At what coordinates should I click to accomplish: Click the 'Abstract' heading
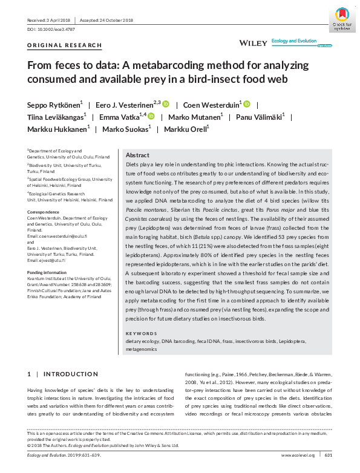tap(137, 155)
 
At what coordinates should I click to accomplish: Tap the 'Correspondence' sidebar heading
tap(44, 211)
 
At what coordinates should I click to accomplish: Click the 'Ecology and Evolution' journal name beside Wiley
tap(294, 41)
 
